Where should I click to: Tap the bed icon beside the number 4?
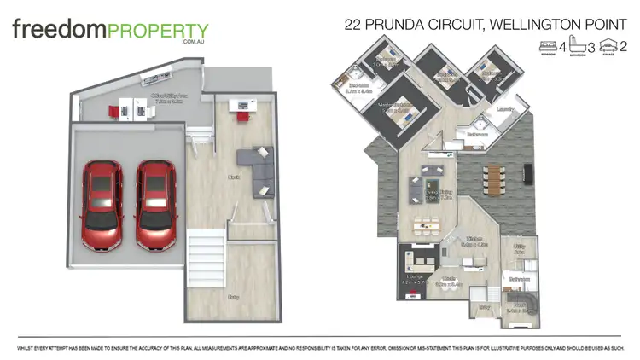coord(546,45)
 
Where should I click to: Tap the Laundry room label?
coord(503,109)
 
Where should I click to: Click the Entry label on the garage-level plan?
coord(233,297)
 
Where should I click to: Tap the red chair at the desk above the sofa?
coord(242,116)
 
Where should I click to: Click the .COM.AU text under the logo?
coord(195,41)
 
